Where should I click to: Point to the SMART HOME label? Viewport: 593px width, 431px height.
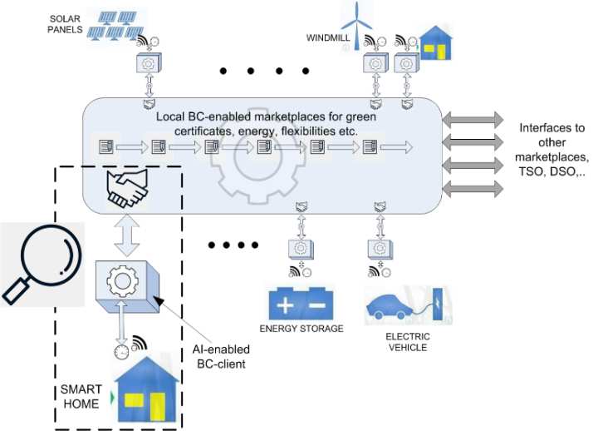tap(82, 396)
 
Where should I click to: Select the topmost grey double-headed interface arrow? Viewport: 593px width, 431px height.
tap(471, 120)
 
